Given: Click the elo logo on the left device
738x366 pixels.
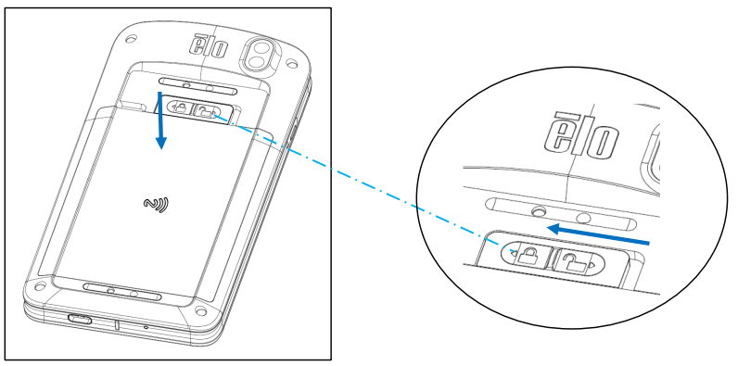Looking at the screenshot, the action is coord(209,46).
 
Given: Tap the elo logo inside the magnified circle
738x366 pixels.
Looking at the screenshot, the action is coord(579,136).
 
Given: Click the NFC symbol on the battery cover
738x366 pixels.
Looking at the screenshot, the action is coord(157,205).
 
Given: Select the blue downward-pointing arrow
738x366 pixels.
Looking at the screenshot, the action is coord(161,120).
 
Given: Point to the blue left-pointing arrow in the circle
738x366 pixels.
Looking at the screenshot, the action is coord(598,234).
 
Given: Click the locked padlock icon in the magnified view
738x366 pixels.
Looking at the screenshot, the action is coord(526,254).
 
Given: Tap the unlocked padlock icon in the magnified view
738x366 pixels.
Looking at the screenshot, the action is coord(575,261).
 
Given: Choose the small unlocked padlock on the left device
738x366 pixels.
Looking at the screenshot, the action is coord(205,112).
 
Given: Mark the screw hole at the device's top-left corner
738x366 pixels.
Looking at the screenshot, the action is coord(132,38).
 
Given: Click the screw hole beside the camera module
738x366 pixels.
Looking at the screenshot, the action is coord(292,62).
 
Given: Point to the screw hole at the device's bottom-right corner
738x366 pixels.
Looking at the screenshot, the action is coord(201,311).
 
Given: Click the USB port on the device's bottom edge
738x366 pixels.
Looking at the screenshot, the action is coord(80,319).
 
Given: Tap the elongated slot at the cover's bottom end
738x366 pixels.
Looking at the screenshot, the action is coord(122,293).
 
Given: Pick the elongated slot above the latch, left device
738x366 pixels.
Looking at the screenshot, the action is coord(197,85).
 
